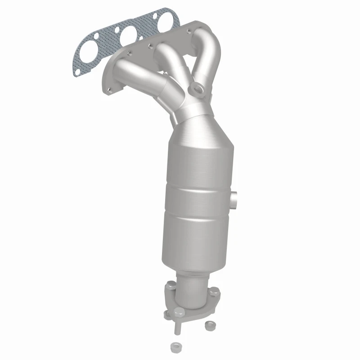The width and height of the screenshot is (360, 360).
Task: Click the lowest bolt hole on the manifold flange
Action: (109, 90)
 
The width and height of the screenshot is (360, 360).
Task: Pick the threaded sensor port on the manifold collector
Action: (197, 88)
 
